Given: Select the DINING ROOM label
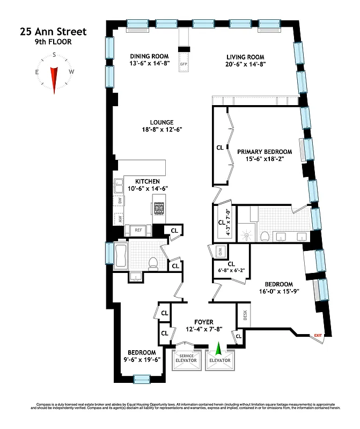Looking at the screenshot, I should (150, 56).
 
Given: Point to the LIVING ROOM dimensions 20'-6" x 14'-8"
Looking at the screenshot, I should (246, 64).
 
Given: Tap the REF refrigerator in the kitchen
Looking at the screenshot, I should (138, 230).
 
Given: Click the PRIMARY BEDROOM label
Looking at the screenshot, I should (265, 152).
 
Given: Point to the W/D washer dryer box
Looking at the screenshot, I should (219, 252).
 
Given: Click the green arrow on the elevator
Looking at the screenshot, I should (218, 349).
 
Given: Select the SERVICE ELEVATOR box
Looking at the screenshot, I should (186, 358).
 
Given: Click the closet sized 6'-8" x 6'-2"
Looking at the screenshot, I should (231, 267).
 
